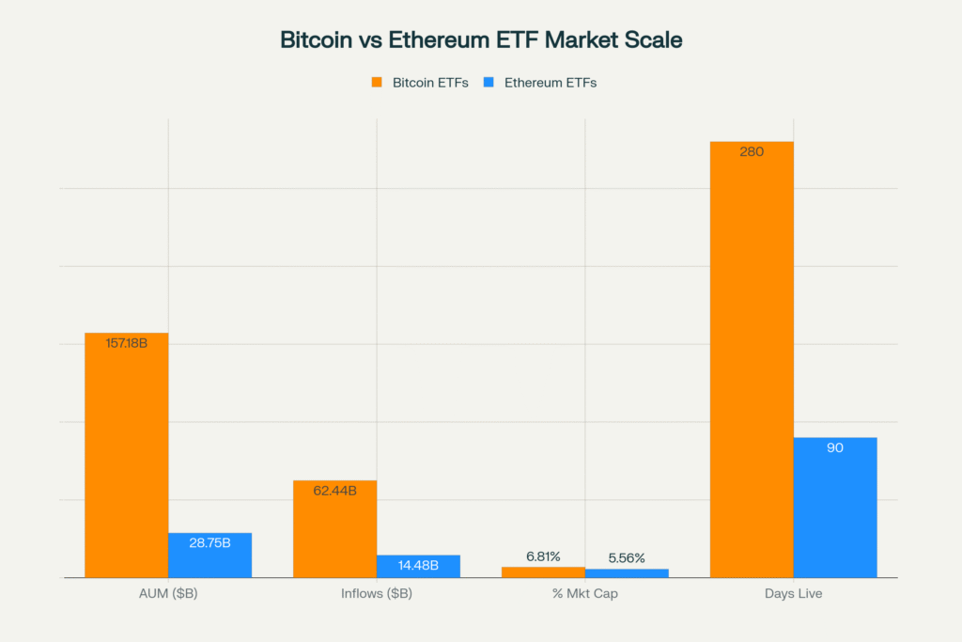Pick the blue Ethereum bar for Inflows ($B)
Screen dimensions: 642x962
(x=418, y=568)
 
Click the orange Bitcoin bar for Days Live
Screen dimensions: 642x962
(x=752, y=367)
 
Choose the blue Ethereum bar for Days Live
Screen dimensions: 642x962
(x=835, y=512)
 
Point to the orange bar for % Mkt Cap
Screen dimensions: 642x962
(x=543, y=572)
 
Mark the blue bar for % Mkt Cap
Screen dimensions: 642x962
(x=627, y=572)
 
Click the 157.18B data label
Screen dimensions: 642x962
(x=127, y=343)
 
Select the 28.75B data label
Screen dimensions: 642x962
(x=209, y=542)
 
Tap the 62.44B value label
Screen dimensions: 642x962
(x=334, y=491)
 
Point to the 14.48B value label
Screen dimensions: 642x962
(x=418, y=565)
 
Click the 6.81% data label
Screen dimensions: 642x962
(x=543, y=556)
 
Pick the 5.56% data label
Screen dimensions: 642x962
(x=627, y=558)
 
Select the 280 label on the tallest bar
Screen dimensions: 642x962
(x=752, y=151)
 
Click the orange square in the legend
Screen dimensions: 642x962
(x=377, y=82)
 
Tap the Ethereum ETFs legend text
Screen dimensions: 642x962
(x=551, y=83)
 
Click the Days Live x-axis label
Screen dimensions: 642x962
(x=794, y=594)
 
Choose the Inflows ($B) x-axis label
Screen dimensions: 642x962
(x=377, y=594)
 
